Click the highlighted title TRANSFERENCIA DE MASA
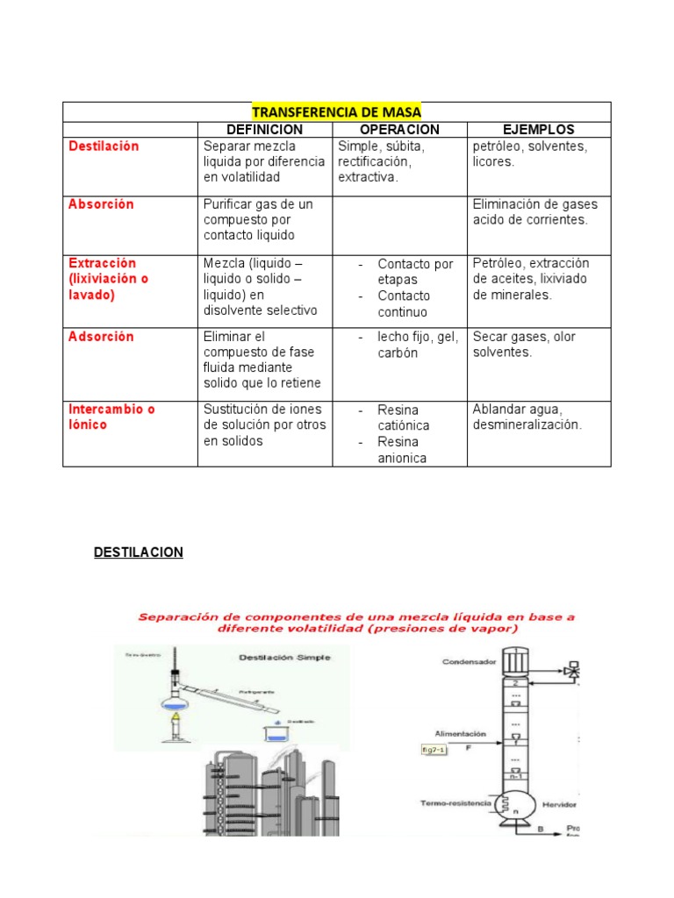pos(336,112)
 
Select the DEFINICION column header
pos(264,130)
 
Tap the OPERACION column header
pos(399,130)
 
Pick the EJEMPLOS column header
pos(538,130)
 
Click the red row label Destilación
pos(104,146)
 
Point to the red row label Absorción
pos(101,204)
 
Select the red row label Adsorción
pos(101,337)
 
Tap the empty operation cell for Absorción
pos(399,223)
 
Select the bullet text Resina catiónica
pos(404,417)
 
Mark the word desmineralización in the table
pos(527,425)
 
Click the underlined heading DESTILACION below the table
pos(139,552)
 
